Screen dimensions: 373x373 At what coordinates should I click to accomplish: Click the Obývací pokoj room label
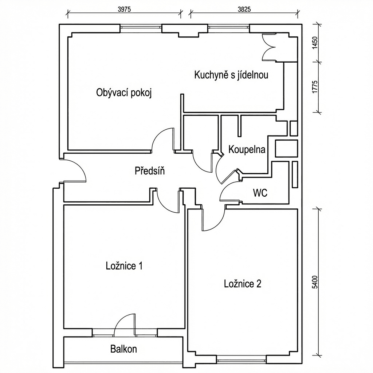coord(124,93)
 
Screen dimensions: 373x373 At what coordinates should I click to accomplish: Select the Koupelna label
coord(247,150)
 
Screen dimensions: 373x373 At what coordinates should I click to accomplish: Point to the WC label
coord(260,193)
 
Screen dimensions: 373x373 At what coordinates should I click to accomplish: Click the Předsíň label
coord(150,170)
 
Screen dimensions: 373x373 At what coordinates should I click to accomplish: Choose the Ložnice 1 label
coord(124,266)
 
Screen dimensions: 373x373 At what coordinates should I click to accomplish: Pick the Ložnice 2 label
coord(243,284)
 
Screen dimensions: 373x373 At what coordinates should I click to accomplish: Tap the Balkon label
coord(123,349)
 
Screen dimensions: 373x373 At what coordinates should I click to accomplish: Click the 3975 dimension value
coord(125,10)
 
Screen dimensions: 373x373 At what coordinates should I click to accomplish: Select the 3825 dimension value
coord(244,10)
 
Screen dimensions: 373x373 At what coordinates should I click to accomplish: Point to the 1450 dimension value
coord(315,43)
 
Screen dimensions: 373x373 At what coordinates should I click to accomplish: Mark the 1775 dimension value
coord(315,87)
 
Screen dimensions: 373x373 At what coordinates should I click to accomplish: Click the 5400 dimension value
coord(315,282)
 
